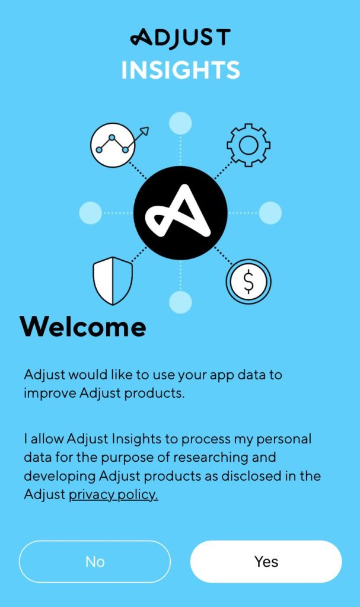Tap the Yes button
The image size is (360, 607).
pos(266,561)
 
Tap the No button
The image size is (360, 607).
pos(95,561)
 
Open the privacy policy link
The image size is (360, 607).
pos(113,495)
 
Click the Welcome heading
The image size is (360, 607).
pos(83,327)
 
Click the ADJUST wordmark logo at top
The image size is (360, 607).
pos(180,39)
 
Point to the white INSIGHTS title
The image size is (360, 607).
pos(180,70)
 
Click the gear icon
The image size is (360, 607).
pos(249,145)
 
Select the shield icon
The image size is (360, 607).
pos(113,280)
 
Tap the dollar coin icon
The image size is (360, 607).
pos(249,282)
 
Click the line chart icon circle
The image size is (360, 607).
pos(112,145)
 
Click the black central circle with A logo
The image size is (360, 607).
pos(180,213)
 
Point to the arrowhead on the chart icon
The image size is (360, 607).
pos(144,131)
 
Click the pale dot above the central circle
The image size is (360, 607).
pos(180,123)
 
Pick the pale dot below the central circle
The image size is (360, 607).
pos(180,302)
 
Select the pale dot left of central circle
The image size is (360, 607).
pos(91,213)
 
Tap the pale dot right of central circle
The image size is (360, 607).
pos(270,213)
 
